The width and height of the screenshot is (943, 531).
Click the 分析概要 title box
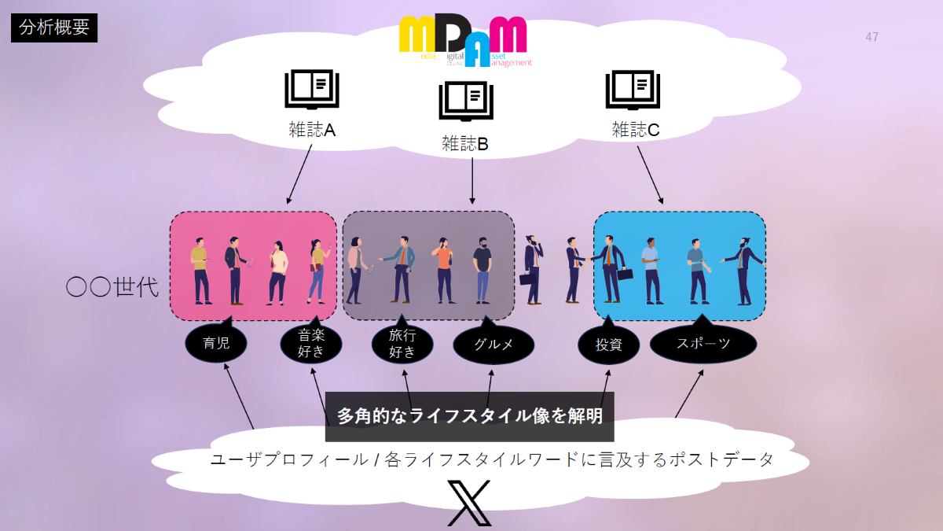click(54, 28)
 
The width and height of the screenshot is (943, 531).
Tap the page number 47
click(871, 37)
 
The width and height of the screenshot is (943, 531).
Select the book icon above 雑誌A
click(312, 90)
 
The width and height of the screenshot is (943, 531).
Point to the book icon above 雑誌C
click(633, 90)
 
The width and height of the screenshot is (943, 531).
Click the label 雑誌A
click(312, 130)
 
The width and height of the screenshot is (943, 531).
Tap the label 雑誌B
click(465, 143)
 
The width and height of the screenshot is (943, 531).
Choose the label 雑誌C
click(635, 130)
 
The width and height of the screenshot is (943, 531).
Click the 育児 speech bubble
click(216, 344)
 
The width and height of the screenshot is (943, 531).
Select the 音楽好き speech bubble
click(311, 344)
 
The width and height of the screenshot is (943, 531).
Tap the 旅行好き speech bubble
click(402, 344)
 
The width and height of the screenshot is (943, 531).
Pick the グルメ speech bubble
click(494, 345)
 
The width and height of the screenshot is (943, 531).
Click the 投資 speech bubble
click(609, 345)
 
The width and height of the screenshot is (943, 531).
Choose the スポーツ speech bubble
click(703, 344)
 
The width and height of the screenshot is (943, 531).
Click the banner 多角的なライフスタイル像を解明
click(469, 416)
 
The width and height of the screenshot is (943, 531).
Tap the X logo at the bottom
click(469, 503)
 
